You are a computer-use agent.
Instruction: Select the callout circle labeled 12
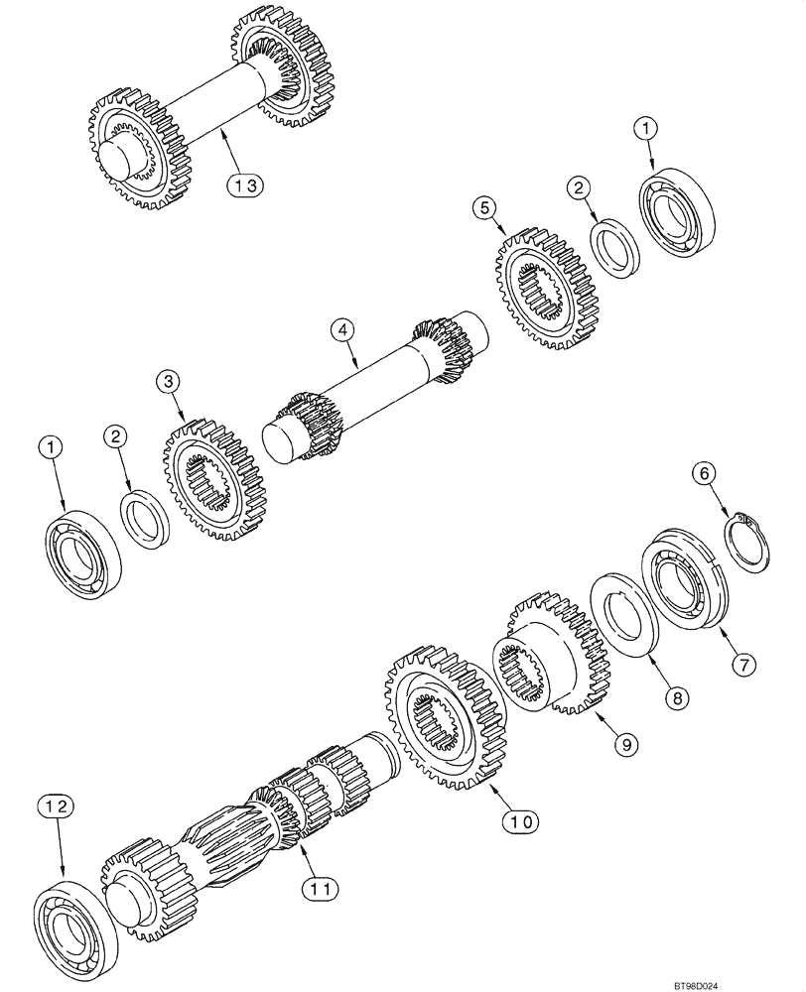click(55, 807)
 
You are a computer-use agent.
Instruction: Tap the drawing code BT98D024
click(765, 977)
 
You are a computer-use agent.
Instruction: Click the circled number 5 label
click(483, 206)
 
